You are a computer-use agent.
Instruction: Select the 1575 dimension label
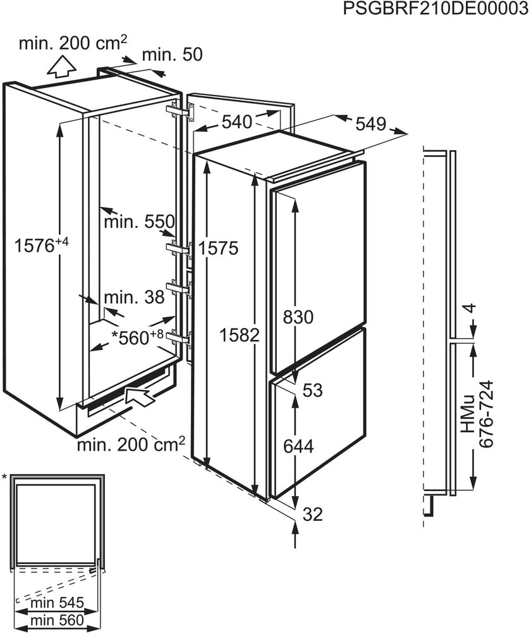click(217, 248)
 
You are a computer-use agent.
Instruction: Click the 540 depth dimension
click(236, 122)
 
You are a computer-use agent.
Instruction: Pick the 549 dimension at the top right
click(370, 124)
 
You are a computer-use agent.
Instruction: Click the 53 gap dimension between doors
click(312, 391)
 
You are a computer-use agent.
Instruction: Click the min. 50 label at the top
click(171, 55)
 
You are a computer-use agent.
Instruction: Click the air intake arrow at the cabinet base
click(141, 397)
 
